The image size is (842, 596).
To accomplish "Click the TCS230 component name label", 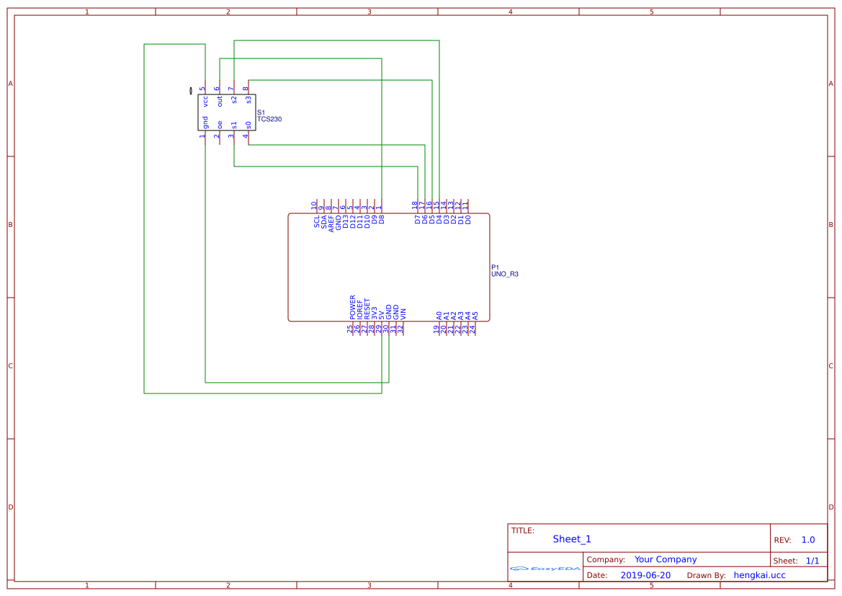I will pyautogui.click(x=269, y=119).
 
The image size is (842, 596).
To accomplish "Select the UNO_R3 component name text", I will pyautogui.click(x=504, y=275).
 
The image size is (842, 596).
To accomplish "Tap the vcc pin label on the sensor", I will pyautogui.click(x=205, y=102).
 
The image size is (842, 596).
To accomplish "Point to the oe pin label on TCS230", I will pyautogui.click(x=220, y=125).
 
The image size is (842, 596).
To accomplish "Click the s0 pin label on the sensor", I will pyautogui.click(x=248, y=125).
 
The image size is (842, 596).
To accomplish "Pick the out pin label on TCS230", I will pyautogui.click(x=220, y=102).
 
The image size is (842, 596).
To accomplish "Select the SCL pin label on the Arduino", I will pyautogui.click(x=317, y=221).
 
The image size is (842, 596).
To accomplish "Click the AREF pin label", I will pyautogui.click(x=331, y=223).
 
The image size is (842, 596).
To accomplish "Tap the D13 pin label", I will pyautogui.click(x=346, y=221).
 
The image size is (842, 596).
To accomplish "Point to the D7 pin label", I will pyautogui.click(x=418, y=219).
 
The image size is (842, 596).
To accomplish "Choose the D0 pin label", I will pyautogui.click(x=468, y=219).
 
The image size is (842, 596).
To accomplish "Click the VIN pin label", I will pyautogui.click(x=403, y=313).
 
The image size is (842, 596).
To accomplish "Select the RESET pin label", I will pyautogui.click(x=367, y=309).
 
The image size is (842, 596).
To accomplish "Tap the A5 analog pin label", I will pyautogui.click(x=475, y=315).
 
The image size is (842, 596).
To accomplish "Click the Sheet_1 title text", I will pyautogui.click(x=572, y=539).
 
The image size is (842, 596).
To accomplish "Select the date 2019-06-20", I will pyautogui.click(x=645, y=575).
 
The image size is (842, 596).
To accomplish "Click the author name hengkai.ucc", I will pyautogui.click(x=759, y=575).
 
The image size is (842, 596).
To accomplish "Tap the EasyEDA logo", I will pyautogui.click(x=545, y=568).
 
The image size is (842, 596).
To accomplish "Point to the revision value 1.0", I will pyautogui.click(x=808, y=540).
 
